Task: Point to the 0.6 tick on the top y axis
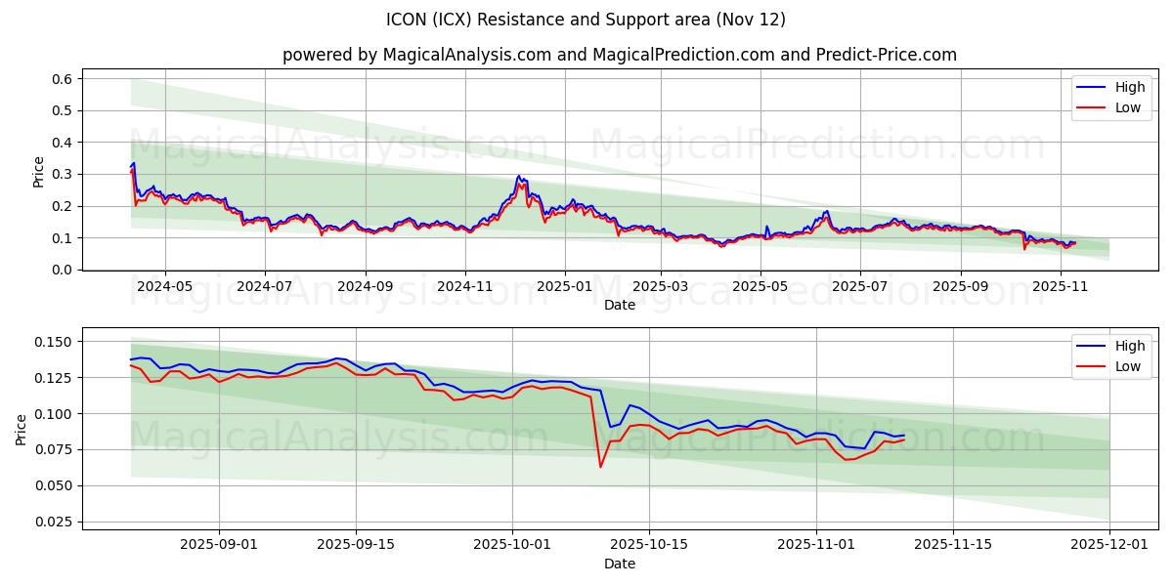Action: (x=62, y=78)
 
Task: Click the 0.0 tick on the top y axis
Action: (x=62, y=270)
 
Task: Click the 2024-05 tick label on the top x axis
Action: (x=164, y=286)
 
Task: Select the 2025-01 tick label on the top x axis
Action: (x=564, y=286)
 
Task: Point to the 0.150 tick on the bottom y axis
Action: (x=54, y=342)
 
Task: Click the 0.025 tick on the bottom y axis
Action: (x=54, y=522)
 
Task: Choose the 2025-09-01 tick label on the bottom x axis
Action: (x=219, y=545)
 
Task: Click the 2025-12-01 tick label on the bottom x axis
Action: (x=1109, y=545)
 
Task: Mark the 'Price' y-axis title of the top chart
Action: (x=39, y=171)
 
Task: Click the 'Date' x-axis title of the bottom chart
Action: (x=620, y=564)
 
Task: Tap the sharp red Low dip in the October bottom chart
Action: (x=600, y=466)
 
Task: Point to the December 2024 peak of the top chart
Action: (x=519, y=177)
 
